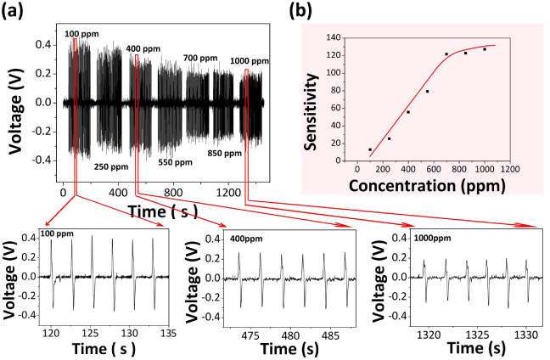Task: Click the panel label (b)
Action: [302, 11]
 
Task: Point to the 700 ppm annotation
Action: [199, 58]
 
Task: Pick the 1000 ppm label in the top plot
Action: [250, 61]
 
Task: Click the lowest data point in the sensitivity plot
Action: [370, 149]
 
